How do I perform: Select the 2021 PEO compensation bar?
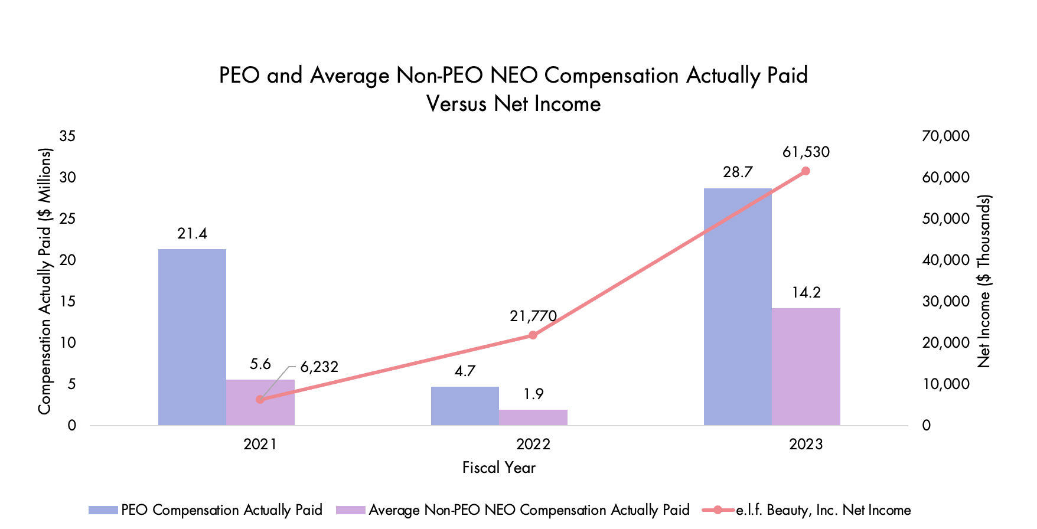192,337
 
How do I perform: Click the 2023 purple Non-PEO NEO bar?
806,366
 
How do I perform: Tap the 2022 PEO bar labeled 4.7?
465,406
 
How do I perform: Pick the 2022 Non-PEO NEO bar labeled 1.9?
533,417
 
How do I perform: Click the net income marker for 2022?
533,335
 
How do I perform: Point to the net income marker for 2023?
806,171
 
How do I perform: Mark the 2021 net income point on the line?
260,399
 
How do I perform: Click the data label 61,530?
806,152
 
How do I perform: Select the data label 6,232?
319,367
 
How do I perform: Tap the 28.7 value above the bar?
738,172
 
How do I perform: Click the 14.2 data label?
806,293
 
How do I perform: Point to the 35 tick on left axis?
68,136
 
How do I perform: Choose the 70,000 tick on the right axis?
945,136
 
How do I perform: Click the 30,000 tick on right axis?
945,302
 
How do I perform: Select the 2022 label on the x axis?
533,445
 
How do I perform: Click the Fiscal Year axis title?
498,468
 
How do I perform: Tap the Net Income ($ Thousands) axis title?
984,281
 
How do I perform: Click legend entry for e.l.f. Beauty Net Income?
823,510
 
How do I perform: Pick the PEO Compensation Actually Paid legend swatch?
103,510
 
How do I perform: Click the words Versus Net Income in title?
513,104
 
